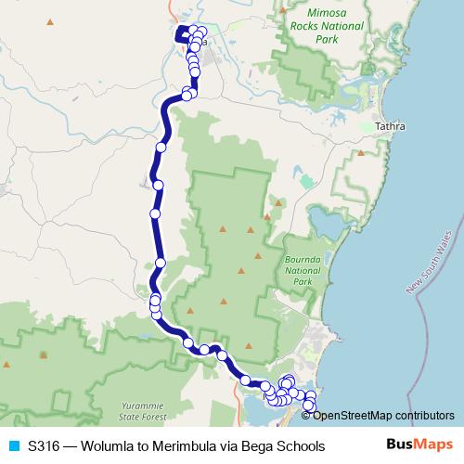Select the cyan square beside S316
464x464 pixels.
tap(14, 446)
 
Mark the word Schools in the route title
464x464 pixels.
tap(301, 446)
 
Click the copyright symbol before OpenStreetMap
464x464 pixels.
tap(306, 415)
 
